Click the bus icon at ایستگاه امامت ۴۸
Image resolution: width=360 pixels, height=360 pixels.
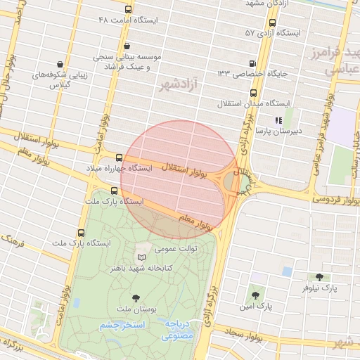pyautogui.click(x=127, y=10)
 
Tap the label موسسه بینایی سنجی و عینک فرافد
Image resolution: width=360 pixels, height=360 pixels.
pyautogui.click(x=133, y=60)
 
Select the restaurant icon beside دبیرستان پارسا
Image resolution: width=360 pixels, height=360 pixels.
pyautogui.click(x=277, y=120)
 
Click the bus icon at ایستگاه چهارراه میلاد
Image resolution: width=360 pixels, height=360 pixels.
pyautogui.click(x=118, y=158)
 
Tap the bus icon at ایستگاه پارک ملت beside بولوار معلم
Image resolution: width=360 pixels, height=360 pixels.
pyautogui.click(x=115, y=191)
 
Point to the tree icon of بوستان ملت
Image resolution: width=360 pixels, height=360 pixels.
pyautogui.click(x=136, y=298)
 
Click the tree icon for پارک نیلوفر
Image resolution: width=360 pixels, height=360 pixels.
pyautogui.click(x=321, y=277)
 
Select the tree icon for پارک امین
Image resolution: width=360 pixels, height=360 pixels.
pyautogui.click(x=255, y=295)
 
